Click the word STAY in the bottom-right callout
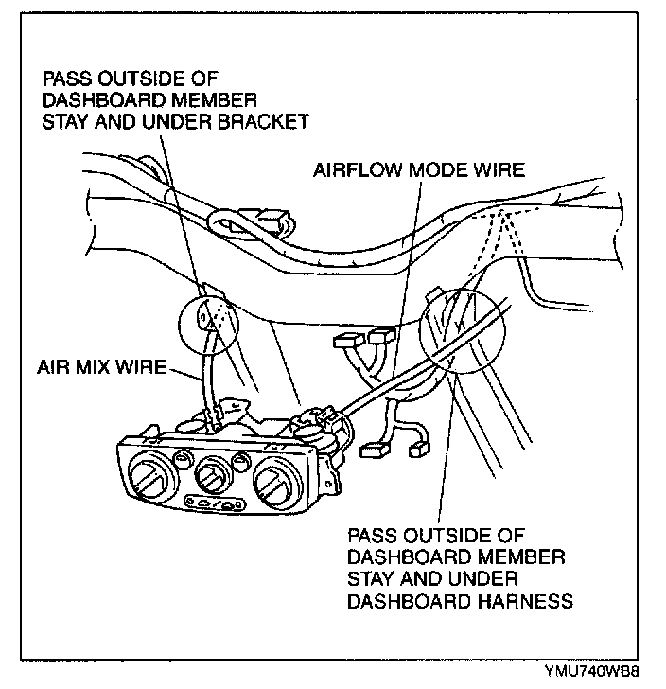[x=373, y=577]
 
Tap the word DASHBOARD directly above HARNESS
[x=406, y=599]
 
